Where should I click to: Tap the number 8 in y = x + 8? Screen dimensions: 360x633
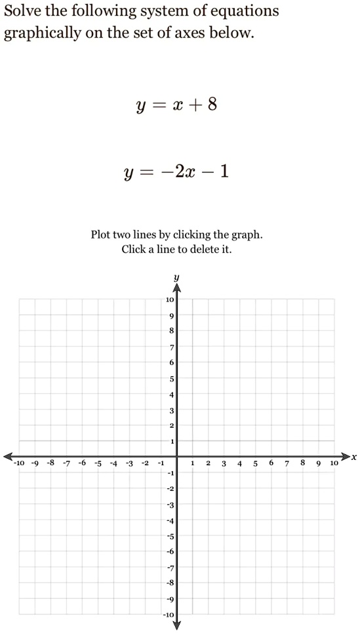tap(212, 105)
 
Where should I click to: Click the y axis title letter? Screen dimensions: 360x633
tap(176, 278)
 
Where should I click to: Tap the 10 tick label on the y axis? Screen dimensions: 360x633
tap(169, 299)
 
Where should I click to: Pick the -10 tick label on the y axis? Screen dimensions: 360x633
tap(169, 615)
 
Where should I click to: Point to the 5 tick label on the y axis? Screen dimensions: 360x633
tap(171, 379)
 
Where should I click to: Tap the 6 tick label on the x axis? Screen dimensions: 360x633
tap(271, 463)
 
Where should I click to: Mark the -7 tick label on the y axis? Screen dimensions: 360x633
tap(169, 567)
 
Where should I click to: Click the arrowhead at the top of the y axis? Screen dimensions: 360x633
tap(176, 286)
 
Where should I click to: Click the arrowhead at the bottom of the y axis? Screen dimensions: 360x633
tap(176, 625)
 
